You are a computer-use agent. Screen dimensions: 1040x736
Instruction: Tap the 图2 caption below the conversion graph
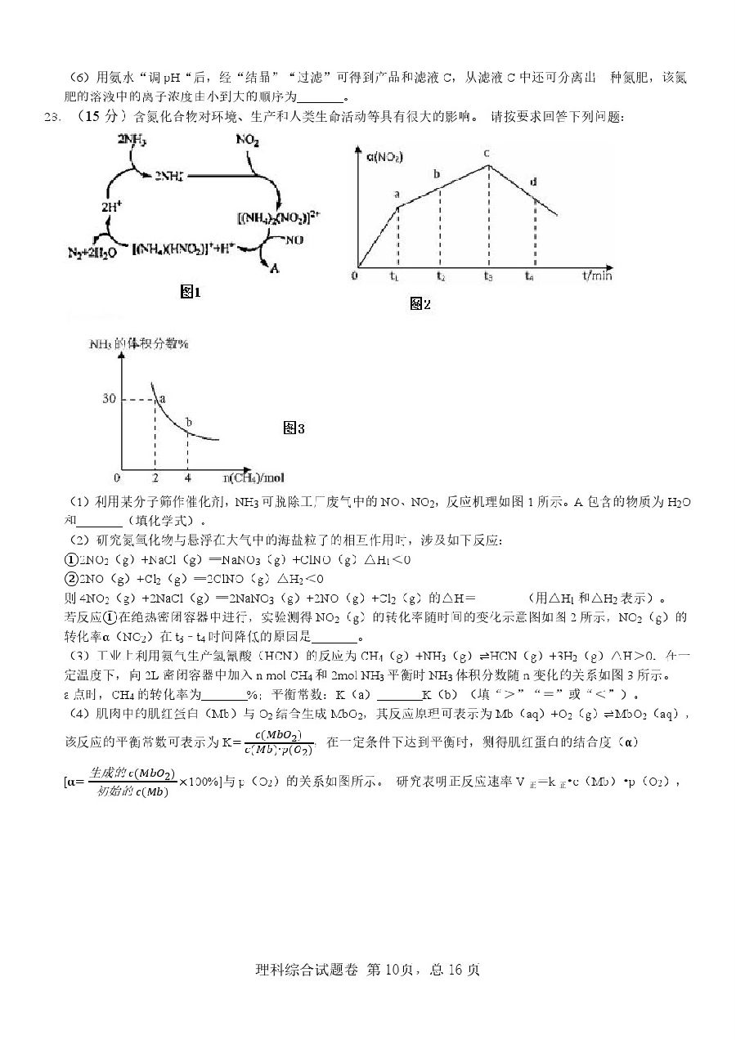[420, 304]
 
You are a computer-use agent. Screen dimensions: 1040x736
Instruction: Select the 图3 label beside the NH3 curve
[294, 428]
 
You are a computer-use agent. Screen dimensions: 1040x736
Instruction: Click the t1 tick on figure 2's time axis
[396, 276]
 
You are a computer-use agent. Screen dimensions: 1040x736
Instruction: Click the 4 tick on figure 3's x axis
[187, 477]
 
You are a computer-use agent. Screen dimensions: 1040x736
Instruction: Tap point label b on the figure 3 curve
[189, 422]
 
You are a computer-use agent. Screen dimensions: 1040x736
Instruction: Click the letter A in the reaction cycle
[274, 267]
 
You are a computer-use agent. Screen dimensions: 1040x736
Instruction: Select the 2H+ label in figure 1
[112, 207]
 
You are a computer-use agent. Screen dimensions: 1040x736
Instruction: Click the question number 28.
[52, 117]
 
